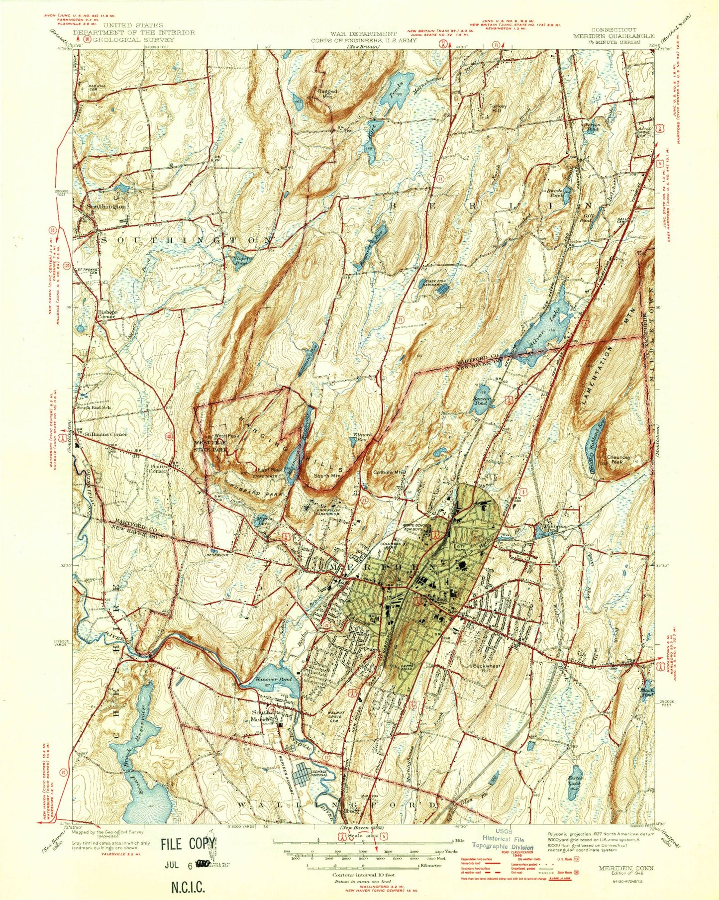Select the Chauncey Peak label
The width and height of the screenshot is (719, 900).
(x=618, y=459)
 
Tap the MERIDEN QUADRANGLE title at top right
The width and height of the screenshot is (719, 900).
(x=613, y=36)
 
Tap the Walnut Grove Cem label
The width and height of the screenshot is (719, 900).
(x=337, y=713)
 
